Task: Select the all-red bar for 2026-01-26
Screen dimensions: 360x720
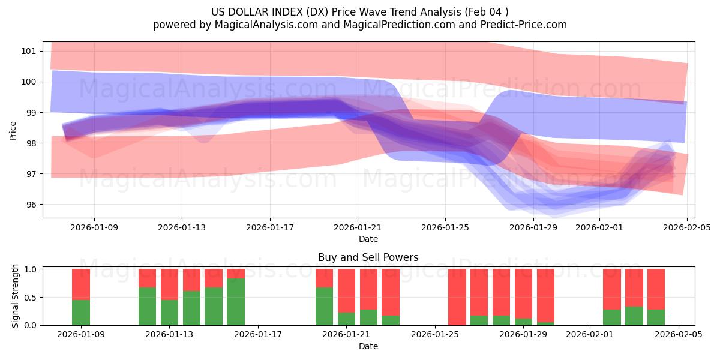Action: pos(457,297)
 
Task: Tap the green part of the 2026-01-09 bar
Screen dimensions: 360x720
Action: pos(81,313)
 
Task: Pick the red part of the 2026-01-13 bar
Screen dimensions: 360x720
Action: pos(169,284)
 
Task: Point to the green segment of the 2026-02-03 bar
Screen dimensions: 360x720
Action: pos(634,316)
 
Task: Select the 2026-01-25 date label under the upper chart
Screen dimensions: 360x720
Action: pos(445,228)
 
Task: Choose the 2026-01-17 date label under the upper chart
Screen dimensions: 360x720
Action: pos(270,228)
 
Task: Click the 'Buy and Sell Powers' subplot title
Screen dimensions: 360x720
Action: pos(368,258)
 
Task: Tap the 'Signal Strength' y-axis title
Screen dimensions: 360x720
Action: pos(16,296)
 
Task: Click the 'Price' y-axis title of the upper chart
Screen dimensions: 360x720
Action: pos(13,130)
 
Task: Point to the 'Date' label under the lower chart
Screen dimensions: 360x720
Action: pos(368,346)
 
